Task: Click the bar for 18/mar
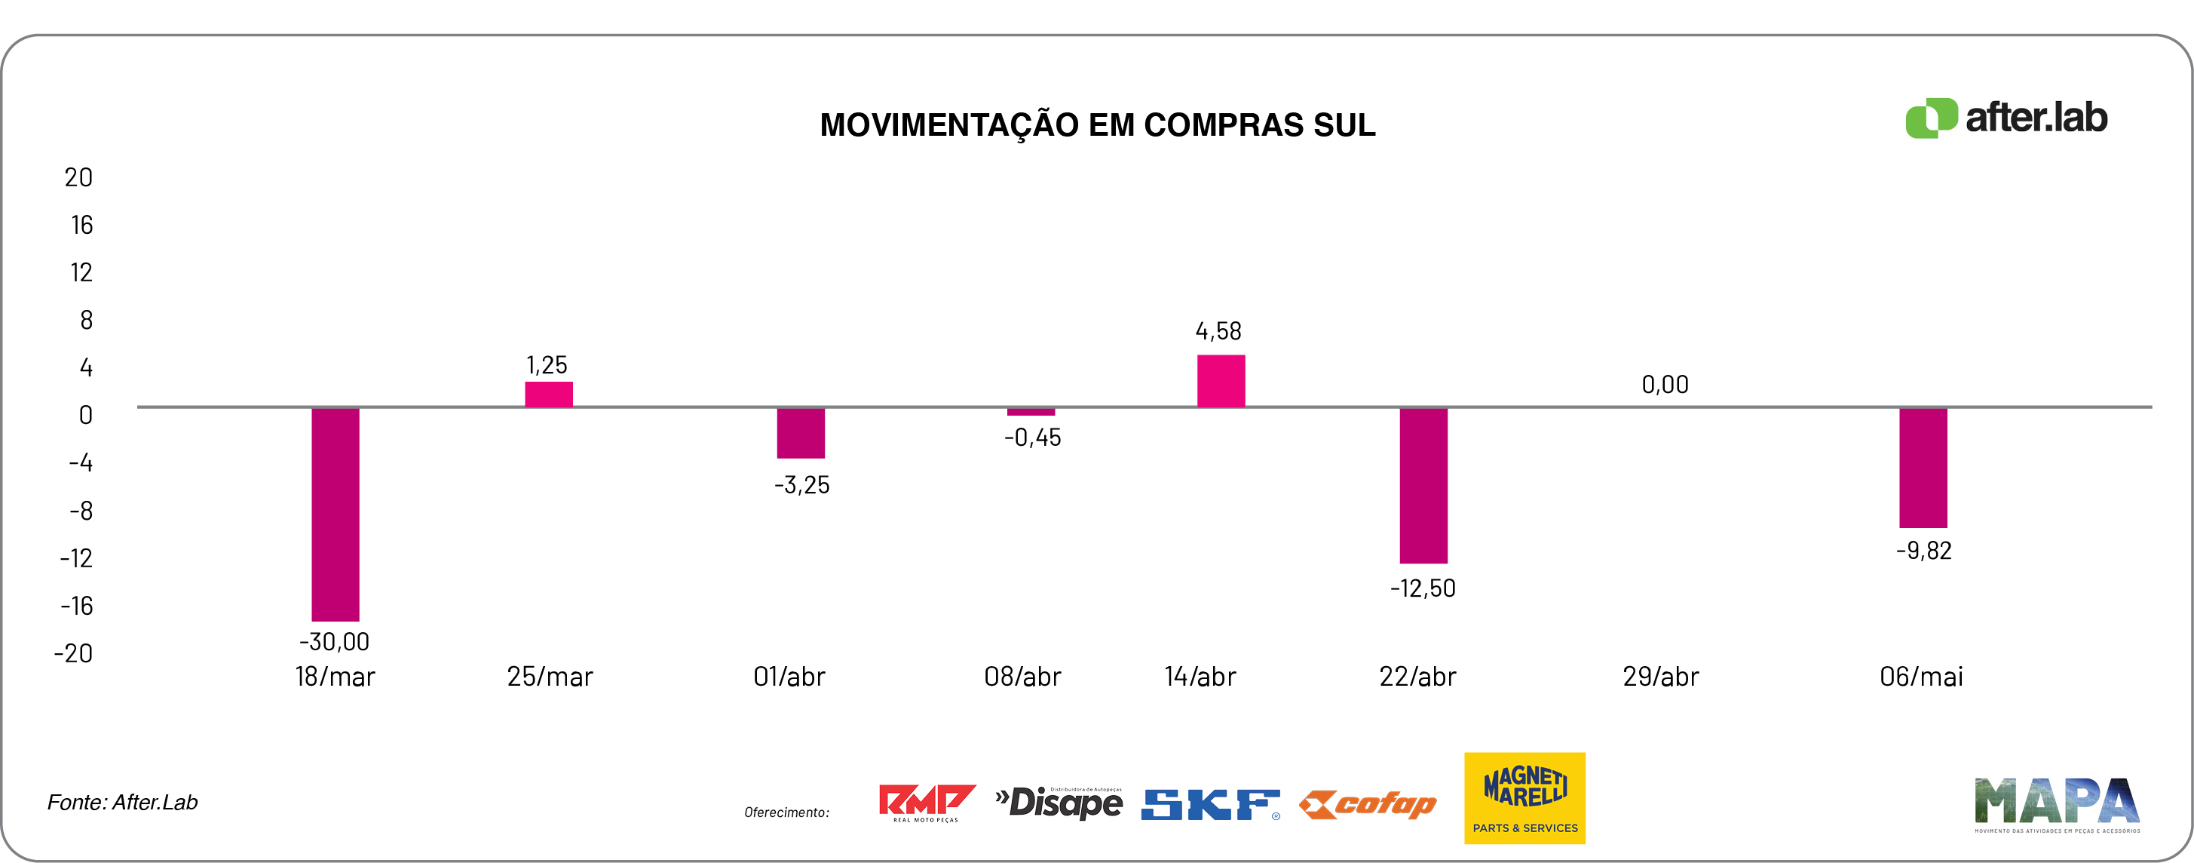click(335, 514)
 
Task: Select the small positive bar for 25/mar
click(549, 395)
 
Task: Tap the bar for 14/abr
click(1221, 381)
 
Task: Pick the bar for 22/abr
click(1423, 485)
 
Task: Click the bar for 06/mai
click(1923, 467)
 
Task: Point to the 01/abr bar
click(801, 433)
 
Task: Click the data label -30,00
click(334, 641)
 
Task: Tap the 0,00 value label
click(1664, 384)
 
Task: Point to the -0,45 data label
click(1032, 438)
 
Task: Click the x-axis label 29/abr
click(1660, 677)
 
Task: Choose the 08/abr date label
click(1022, 677)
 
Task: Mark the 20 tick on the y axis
click(78, 177)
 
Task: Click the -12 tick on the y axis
click(77, 558)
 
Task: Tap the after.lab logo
click(2006, 118)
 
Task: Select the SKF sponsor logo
click(1209, 804)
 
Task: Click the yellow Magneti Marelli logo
click(1524, 797)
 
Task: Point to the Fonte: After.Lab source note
click(123, 802)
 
